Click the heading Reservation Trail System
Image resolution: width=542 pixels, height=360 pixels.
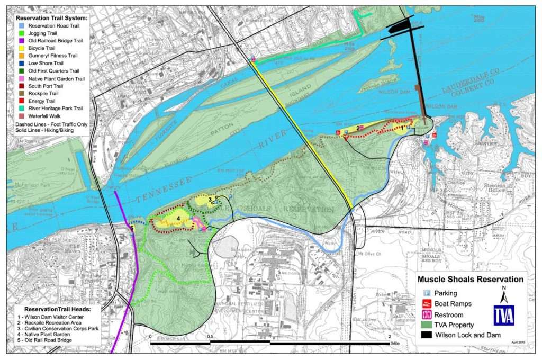[x=51, y=17]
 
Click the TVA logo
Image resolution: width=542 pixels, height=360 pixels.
[x=503, y=315]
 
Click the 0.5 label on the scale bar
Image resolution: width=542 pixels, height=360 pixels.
[x=210, y=337]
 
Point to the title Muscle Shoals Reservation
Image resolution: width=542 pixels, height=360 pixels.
[x=471, y=280]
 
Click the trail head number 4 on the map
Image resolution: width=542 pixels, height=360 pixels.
[x=179, y=218]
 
